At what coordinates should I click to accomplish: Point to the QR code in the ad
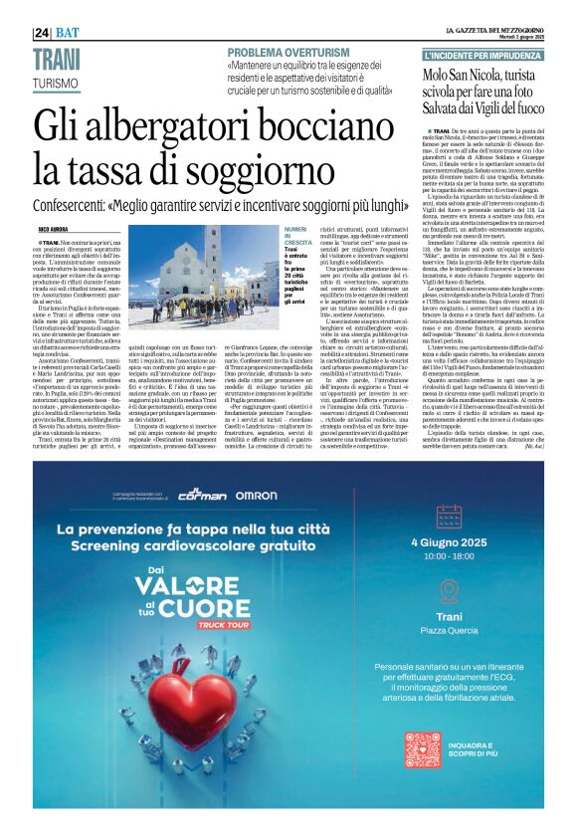tap(422, 747)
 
